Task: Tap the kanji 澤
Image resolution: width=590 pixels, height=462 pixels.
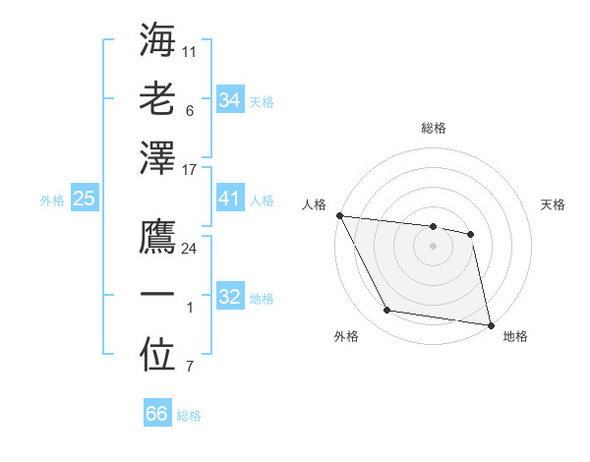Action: click(x=158, y=158)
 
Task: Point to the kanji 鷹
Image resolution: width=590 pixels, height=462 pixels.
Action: click(x=158, y=237)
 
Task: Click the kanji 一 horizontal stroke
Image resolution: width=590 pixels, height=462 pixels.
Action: click(x=158, y=295)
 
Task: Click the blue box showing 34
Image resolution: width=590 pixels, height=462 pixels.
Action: click(x=229, y=99)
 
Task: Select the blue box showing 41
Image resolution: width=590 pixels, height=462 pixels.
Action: click(x=229, y=199)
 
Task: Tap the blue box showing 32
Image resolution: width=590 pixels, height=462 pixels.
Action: click(x=229, y=297)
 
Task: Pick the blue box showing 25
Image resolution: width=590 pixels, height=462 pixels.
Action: click(x=84, y=199)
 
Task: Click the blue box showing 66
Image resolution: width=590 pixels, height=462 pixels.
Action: click(x=156, y=414)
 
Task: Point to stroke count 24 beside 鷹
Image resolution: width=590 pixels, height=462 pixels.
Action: click(x=190, y=249)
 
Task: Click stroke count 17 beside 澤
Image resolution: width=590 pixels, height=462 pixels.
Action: click(x=190, y=170)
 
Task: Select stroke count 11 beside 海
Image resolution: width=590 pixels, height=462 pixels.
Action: click(x=190, y=49)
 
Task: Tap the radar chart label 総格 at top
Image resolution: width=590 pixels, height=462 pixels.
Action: click(x=433, y=128)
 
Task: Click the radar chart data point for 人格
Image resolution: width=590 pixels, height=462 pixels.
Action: click(x=339, y=215)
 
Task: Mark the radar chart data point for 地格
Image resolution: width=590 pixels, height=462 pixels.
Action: click(x=489, y=323)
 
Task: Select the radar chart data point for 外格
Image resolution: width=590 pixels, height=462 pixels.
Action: click(x=386, y=311)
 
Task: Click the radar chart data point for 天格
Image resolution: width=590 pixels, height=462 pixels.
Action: click(x=470, y=234)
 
